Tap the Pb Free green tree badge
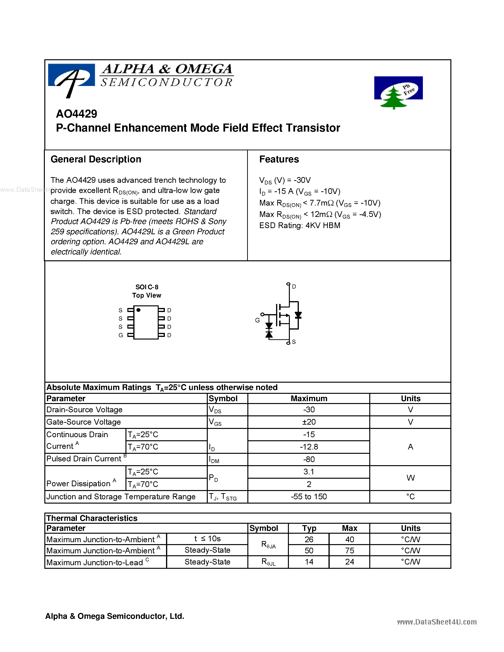tap(398, 92)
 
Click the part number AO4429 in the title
tap(76, 114)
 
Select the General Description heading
tap(96, 159)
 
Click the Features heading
tap(279, 159)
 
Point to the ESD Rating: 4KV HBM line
tap(300, 225)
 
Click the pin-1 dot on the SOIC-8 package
tap(139, 310)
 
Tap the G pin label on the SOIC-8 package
tap(121, 335)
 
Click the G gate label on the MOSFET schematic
tap(257, 320)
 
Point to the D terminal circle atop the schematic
tap(288, 284)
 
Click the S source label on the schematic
tap(294, 342)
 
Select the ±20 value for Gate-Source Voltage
tap(309, 422)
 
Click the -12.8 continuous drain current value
tap(309, 447)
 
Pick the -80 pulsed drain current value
tap(309, 459)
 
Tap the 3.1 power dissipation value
tap(309, 472)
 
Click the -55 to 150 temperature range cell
tap(309, 496)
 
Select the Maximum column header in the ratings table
tap(309, 399)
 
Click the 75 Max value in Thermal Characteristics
tap(349, 551)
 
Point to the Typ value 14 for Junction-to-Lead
tap(309, 562)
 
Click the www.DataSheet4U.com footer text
tap(436, 622)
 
